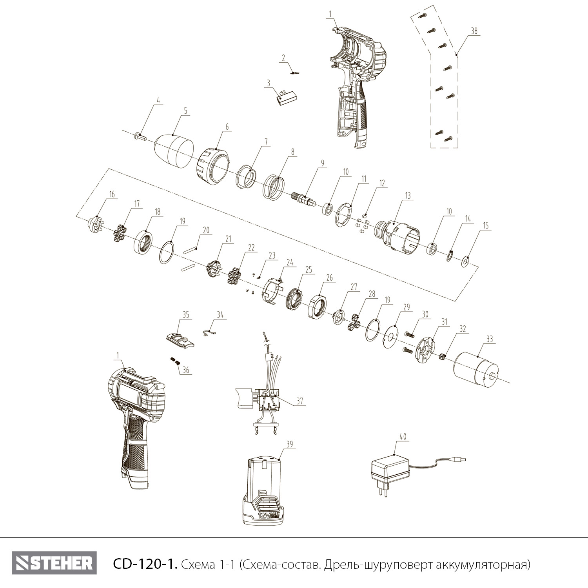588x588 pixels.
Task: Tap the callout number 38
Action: click(x=474, y=32)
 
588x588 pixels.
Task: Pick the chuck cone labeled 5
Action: click(x=174, y=151)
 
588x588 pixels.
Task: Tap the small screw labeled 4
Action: click(x=140, y=137)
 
